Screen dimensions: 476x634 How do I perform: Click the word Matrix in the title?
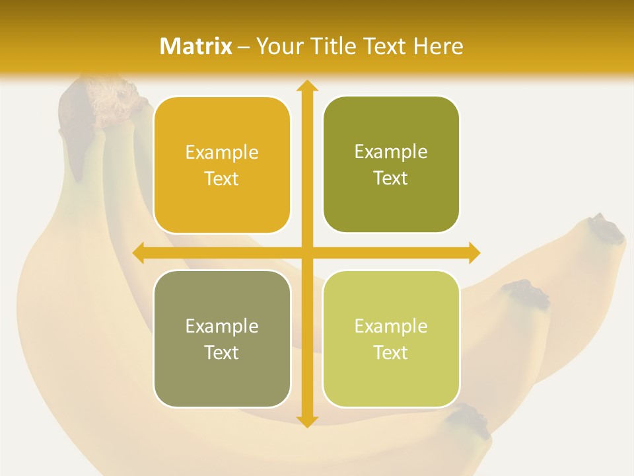[196, 46]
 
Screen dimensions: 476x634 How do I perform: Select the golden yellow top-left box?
[222, 165]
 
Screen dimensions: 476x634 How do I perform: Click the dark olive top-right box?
[391, 165]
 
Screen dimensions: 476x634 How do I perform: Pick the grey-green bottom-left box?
[222, 338]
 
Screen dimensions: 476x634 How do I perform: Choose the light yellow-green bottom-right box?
[391, 338]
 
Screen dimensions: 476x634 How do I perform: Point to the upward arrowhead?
[306, 86]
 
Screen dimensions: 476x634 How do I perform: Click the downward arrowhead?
[306, 421]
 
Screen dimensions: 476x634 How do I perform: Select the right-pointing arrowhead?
[474, 253]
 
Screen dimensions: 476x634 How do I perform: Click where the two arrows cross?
[306, 253]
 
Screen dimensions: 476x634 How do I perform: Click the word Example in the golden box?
[222, 153]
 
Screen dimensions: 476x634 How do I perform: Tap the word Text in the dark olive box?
[391, 178]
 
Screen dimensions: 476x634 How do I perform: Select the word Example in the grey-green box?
[222, 326]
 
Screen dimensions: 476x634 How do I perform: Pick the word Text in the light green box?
[391, 352]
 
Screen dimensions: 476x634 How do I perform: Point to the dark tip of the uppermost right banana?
[606, 229]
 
